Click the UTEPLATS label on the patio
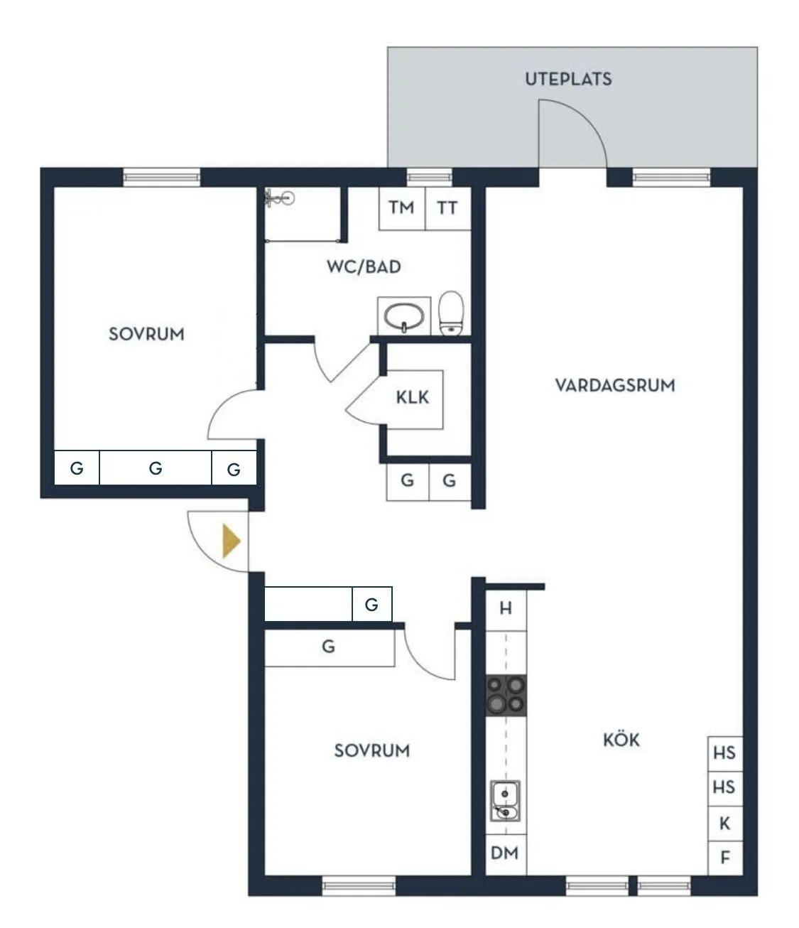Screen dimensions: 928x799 pos(568,79)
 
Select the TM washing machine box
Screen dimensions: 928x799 pos(401,208)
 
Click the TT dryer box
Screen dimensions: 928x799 pos(447,208)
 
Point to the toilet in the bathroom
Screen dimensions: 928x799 pos(451,313)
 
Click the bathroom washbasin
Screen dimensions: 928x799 pos(404,315)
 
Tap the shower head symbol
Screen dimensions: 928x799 pos(278,199)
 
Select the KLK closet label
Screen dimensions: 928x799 pos(413,397)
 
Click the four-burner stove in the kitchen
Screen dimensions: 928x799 pos(506,695)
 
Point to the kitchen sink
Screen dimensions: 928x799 pos(505,800)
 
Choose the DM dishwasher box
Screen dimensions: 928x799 pos(505,853)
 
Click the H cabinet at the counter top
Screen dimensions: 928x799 pos(506,608)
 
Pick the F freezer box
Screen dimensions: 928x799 pos(725,858)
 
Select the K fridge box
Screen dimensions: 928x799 pos(725,824)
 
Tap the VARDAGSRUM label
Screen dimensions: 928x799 pos(614,386)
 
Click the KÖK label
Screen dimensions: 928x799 pos(621,740)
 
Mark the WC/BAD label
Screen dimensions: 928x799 pos(364,267)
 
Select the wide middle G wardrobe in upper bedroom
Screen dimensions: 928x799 pos(156,468)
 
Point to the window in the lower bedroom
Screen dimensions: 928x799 pos(358,885)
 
